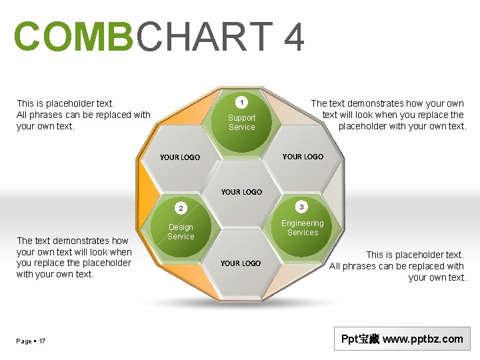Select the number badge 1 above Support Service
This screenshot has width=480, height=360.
click(x=242, y=102)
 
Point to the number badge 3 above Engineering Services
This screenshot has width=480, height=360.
click(x=301, y=205)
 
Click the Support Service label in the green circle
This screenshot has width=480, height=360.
click(x=241, y=123)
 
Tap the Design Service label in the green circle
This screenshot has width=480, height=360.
click(x=181, y=232)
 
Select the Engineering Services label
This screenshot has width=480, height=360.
click(x=302, y=228)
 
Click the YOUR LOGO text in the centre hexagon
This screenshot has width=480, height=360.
click(x=241, y=192)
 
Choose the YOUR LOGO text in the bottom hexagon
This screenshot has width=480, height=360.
click(x=241, y=263)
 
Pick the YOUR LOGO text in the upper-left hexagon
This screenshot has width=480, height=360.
click(x=180, y=157)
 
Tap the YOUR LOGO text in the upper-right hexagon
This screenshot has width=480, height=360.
click(x=303, y=157)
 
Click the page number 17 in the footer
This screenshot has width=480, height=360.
click(x=42, y=341)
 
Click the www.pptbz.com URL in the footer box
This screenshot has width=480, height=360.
click(x=423, y=339)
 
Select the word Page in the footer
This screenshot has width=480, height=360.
click(x=24, y=341)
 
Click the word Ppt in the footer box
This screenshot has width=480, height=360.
click(x=349, y=339)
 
